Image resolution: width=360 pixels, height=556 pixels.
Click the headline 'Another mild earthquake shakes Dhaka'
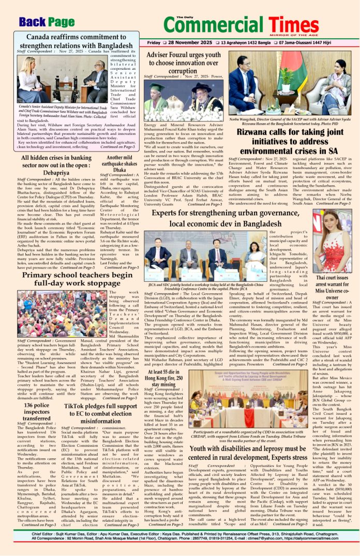coord(119,163)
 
